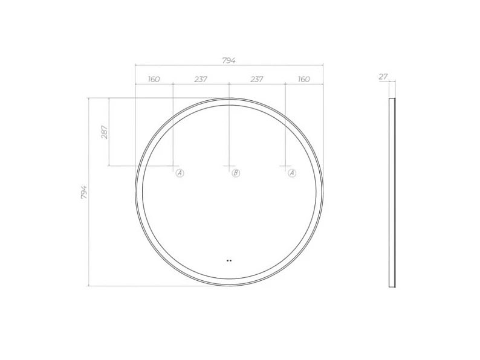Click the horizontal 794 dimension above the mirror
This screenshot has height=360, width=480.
coord(229,60)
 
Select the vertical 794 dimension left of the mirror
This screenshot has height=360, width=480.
coord(84,192)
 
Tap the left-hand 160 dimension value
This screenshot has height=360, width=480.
coord(154,79)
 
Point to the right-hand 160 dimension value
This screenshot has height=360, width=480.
coord(303,79)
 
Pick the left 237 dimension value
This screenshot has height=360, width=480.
coord(201,79)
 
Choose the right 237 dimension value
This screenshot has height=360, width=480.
coord(257,79)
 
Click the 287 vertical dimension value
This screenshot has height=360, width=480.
coord(105,132)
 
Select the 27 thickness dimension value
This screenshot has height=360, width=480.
coord(383,77)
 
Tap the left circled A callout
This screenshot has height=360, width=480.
coord(180,173)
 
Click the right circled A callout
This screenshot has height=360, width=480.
coord(293,173)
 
